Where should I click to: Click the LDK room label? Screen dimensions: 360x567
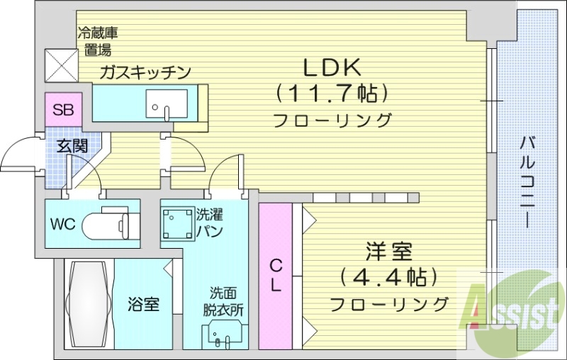click(x=332, y=67)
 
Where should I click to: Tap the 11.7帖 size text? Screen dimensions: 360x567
click(x=332, y=93)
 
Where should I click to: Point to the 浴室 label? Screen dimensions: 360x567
click(x=143, y=305)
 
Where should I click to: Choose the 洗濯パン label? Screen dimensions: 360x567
click(x=210, y=222)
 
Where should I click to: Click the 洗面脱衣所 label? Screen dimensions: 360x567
click(x=226, y=301)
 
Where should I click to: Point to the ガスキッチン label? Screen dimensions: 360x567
click(x=145, y=72)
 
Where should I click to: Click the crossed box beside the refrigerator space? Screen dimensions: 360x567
click(x=60, y=64)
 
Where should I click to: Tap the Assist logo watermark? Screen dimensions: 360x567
click(x=510, y=310)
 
